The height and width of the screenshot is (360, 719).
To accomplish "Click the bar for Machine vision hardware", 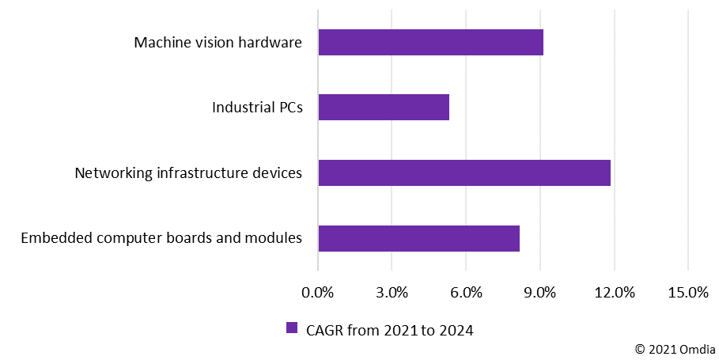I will tap(430, 43).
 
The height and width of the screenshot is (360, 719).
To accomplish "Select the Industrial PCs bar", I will tap(384, 108).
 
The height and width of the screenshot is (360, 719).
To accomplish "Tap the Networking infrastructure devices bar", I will tap(464, 172).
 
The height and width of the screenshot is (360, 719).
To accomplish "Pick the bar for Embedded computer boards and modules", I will tap(418, 238).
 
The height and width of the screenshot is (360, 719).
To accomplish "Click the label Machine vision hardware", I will tap(218, 43).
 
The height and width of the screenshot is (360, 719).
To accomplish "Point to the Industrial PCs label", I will tap(257, 108).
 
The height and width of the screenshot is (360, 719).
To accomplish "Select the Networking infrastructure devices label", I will tap(188, 172).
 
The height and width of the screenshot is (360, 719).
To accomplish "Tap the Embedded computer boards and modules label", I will tap(161, 238).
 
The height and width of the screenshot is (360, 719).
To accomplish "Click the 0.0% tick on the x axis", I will tap(319, 293).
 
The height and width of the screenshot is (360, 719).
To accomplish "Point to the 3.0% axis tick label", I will tap(392, 293).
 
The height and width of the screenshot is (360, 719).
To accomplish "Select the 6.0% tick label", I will tap(467, 293).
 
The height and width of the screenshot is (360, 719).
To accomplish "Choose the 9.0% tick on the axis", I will tap(540, 293).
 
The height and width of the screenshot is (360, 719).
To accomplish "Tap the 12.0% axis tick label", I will tap(614, 293).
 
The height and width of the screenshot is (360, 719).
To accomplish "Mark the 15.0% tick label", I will tap(688, 293).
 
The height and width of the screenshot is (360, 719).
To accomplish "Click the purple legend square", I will tap(291, 328).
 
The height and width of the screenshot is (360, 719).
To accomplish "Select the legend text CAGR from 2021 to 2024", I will tap(389, 330).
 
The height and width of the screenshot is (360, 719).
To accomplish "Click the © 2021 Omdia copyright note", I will tap(675, 348).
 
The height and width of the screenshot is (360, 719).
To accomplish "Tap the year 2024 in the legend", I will tap(456, 330).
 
